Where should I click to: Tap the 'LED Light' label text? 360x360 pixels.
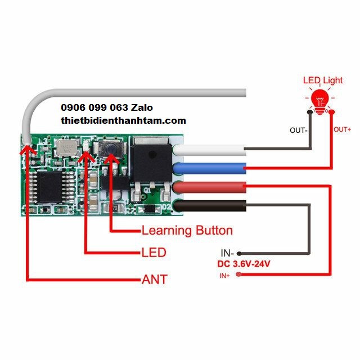pyautogui.click(x=322, y=80)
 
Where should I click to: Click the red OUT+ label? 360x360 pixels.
pyautogui.click(x=342, y=129)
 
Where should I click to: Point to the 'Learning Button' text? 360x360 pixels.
pyautogui.click(x=187, y=230)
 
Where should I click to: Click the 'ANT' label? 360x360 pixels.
pyautogui.click(x=154, y=279)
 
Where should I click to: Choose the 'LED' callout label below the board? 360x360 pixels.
pyautogui.click(x=154, y=253)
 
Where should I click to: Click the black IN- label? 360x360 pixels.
pyautogui.click(x=227, y=253)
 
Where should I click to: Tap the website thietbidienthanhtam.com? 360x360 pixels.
pyautogui.click(x=123, y=120)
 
